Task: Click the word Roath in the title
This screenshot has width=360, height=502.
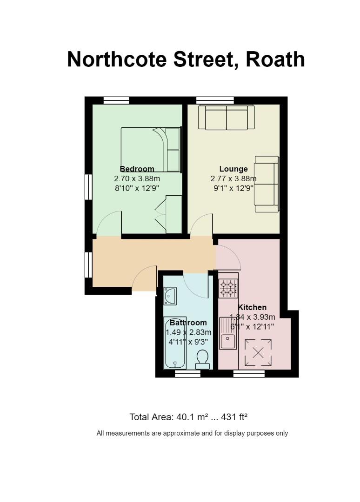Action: click(x=275, y=59)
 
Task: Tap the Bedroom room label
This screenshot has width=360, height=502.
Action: click(x=137, y=169)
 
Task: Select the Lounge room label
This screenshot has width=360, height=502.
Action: click(x=233, y=169)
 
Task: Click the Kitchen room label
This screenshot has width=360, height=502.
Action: click(x=253, y=307)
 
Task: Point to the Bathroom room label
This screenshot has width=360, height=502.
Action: click(x=188, y=323)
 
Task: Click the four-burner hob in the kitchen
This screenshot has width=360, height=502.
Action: click(x=228, y=288)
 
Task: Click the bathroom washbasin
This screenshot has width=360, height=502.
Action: click(x=170, y=296)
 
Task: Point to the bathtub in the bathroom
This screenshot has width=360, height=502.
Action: click(x=174, y=343)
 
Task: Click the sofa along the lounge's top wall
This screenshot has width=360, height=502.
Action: click(x=227, y=118)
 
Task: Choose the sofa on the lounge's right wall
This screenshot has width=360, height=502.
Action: click(x=267, y=184)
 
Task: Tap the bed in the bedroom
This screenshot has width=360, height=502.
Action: click(x=151, y=150)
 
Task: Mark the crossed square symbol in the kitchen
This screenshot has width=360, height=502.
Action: click(x=258, y=352)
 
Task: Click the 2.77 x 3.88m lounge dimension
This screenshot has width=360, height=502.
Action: click(x=233, y=178)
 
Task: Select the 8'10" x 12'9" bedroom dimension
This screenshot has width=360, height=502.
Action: click(x=137, y=188)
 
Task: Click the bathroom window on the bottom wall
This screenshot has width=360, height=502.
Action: click(x=187, y=373)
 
